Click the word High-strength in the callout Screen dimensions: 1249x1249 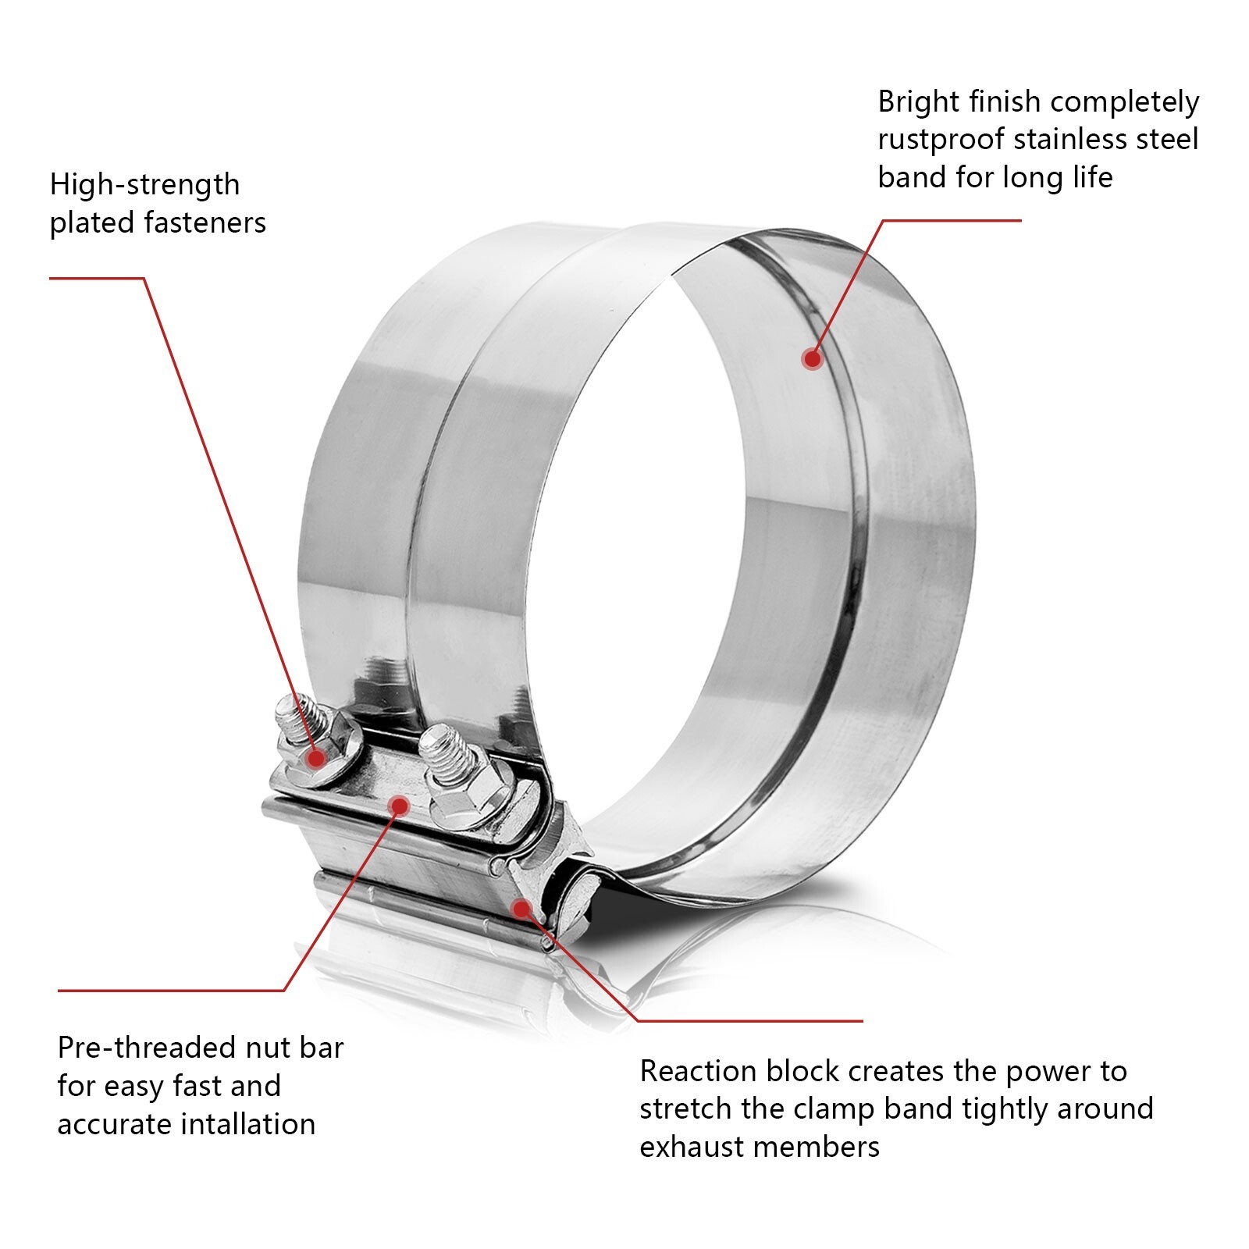click(144, 185)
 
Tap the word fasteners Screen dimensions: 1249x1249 click(205, 223)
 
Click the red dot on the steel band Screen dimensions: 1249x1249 click(812, 359)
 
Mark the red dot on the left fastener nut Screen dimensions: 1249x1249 click(316, 757)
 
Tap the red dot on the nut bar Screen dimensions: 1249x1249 click(398, 805)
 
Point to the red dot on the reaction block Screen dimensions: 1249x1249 click(521, 907)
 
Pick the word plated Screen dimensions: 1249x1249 click(92, 223)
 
